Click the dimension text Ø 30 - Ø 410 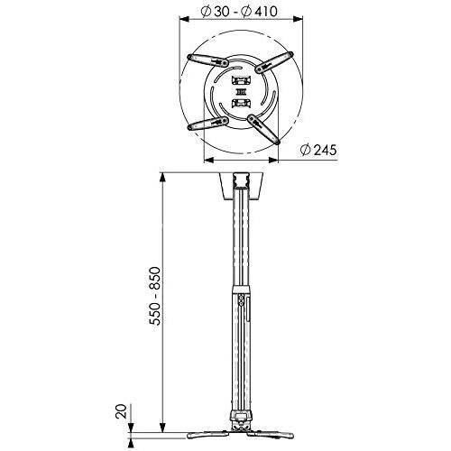coord(240,13)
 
